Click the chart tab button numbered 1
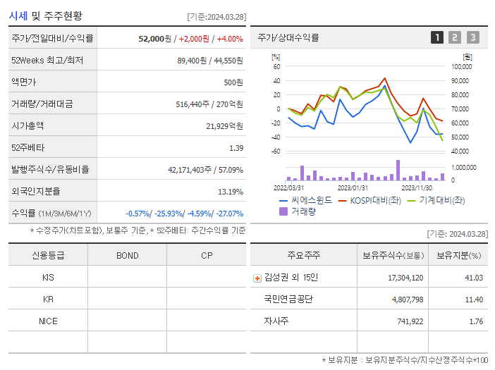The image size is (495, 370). (x=437, y=38)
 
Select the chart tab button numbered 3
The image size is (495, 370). (x=472, y=38)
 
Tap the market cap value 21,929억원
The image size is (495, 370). (x=224, y=125)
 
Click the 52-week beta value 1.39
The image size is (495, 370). (x=236, y=147)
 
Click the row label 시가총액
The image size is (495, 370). (x=28, y=125)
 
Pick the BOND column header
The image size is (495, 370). (x=128, y=255)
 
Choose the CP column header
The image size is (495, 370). (x=207, y=255)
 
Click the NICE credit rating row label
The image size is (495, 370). (x=48, y=321)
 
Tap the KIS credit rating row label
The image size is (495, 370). (x=48, y=277)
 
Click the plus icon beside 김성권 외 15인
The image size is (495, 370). (x=257, y=278)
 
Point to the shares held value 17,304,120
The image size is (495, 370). (x=405, y=278)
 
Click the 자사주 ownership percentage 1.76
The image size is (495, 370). (x=475, y=321)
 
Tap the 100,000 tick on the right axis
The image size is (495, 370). (x=461, y=66)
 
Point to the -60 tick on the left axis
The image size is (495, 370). (x=276, y=151)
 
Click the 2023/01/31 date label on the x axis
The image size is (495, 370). (x=353, y=187)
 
